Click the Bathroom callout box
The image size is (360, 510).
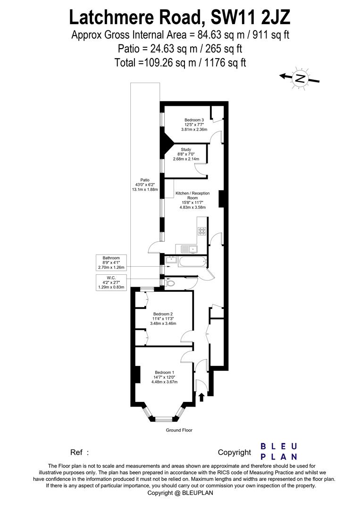tap(111, 263)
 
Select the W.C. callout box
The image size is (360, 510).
tap(111, 282)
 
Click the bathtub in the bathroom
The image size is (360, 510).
tap(192, 261)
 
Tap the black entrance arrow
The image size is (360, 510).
tap(201, 397)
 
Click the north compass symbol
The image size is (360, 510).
tap(300, 78)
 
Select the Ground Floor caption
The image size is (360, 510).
tap(179, 430)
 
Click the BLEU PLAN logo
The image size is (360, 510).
tap(279, 451)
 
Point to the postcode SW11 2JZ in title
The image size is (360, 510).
tap(250, 17)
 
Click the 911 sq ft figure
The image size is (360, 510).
tap(269, 34)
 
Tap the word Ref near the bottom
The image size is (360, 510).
tap(76, 452)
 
